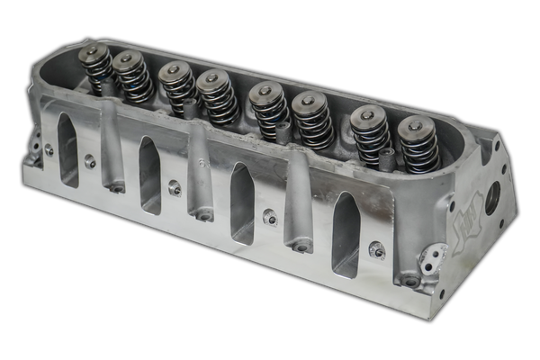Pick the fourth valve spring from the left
click(x=217, y=96)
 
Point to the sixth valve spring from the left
click(x=312, y=120)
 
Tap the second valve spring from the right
click(x=370, y=135)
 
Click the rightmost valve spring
click(x=418, y=144)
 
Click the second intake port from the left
click(x=150, y=175)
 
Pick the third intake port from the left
click(x=242, y=203)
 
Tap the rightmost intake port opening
click(x=346, y=234)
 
